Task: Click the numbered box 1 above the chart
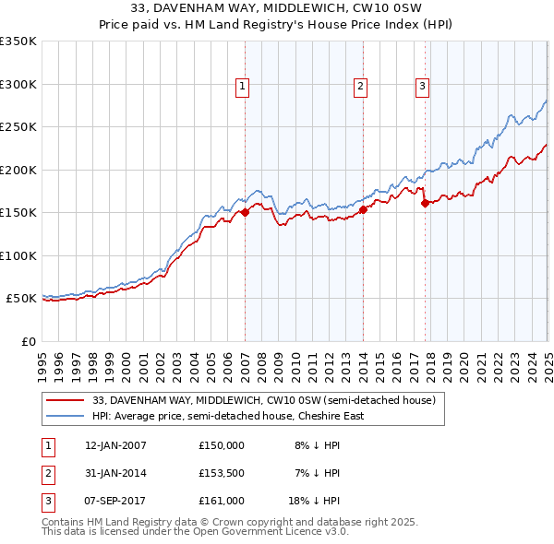coord(242,87)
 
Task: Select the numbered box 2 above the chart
coord(360,87)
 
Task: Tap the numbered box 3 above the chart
coord(422,87)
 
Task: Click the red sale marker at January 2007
coord(246,213)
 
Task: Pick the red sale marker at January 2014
coord(364,209)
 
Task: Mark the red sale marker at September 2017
coord(425,203)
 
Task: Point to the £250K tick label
coord(18,127)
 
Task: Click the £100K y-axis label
coord(18,255)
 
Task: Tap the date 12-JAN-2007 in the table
coord(115,445)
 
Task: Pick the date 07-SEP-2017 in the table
coord(115,501)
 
